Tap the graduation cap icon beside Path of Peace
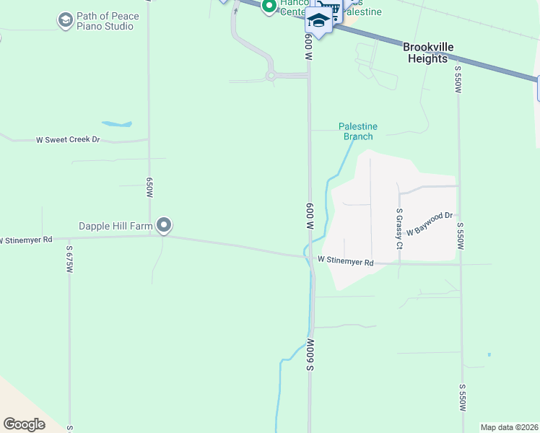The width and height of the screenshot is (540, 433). coord(66,20)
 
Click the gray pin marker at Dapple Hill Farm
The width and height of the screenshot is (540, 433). coord(164,226)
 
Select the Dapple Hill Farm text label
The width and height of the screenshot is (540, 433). coord(116,226)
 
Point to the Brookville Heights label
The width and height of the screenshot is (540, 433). coord(429,53)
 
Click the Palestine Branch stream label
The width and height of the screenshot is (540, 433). coord(358,131)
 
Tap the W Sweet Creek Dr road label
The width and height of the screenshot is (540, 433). coord(68,139)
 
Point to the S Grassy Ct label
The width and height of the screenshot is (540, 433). coord(399,229)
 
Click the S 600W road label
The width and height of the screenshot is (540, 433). coord(310,354)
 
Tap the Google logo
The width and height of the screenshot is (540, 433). coord(24,424)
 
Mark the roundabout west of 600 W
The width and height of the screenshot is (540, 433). coord(271,75)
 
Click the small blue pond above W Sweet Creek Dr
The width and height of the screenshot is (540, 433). coord(117,123)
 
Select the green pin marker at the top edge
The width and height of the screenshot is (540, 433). coord(269,6)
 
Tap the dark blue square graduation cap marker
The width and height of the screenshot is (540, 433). coord(318,19)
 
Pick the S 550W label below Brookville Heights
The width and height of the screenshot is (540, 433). coord(458,79)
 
